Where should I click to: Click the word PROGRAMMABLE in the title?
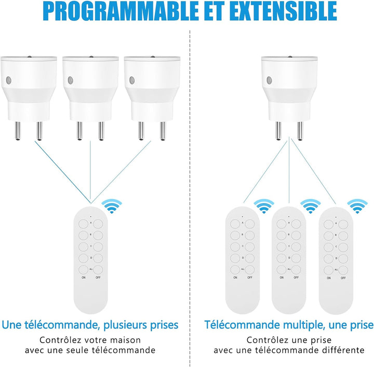point(121,11)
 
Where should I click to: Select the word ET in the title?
point(216,11)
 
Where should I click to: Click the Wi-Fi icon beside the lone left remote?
point(112,206)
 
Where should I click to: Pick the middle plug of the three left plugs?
point(90,98)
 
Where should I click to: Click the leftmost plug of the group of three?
point(29,98)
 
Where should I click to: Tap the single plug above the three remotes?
point(289,98)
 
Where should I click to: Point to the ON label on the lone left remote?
point(84,278)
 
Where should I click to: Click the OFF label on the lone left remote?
point(98,278)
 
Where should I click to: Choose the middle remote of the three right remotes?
point(289,260)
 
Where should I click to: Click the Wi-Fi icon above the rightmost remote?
point(357,206)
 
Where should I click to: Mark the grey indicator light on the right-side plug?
point(269,81)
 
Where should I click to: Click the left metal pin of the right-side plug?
point(278,130)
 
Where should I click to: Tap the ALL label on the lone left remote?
point(91,269)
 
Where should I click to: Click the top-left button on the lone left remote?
point(84,224)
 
